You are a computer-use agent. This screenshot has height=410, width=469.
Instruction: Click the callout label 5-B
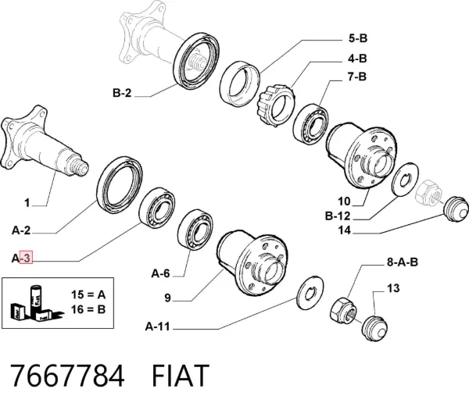[x=358, y=38]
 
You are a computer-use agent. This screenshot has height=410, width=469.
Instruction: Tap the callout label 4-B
[x=357, y=59]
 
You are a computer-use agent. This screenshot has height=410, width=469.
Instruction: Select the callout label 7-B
[x=357, y=77]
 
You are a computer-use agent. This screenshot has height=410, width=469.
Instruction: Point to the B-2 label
[x=122, y=93]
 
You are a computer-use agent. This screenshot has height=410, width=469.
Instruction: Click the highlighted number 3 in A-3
[x=27, y=258]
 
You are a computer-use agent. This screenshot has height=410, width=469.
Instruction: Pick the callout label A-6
[x=160, y=273]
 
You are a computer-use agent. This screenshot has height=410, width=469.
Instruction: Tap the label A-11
[x=158, y=326]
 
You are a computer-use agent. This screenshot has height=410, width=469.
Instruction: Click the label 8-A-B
[x=403, y=262]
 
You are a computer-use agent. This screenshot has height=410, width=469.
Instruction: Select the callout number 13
[x=393, y=288]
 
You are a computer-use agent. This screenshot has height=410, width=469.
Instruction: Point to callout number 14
[x=344, y=230]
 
